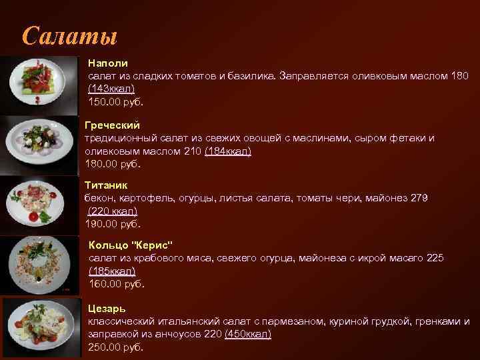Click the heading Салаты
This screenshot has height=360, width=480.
[x=69, y=35]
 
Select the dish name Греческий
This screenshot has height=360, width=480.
[x=113, y=125]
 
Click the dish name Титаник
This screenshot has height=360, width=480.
[x=106, y=184]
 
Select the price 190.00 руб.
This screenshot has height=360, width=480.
[x=113, y=224]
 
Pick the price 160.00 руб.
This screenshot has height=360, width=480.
[x=116, y=284]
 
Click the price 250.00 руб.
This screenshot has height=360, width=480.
[x=115, y=347]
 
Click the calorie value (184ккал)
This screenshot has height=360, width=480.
[x=228, y=151]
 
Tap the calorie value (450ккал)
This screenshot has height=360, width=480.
[x=248, y=334]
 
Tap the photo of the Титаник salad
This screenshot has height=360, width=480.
[x=40, y=203]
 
